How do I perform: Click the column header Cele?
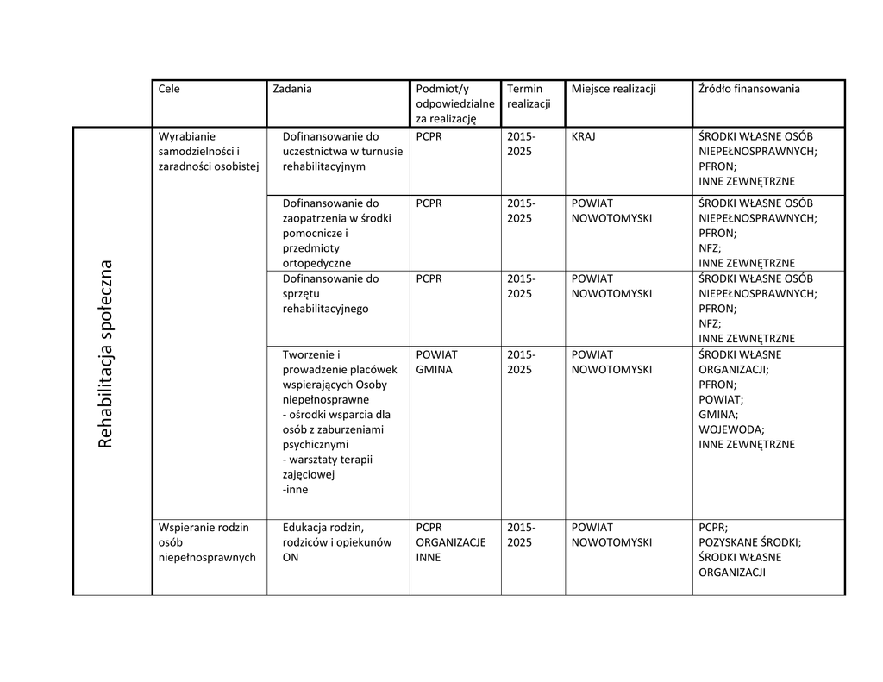click(169, 89)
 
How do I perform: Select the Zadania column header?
click(291, 89)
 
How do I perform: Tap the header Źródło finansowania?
click(748, 89)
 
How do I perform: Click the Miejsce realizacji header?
click(613, 89)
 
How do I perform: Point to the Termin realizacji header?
click(524, 96)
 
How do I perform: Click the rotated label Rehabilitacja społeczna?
click(106, 354)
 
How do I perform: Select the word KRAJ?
click(584, 136)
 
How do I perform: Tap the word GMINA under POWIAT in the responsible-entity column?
click(434, 370)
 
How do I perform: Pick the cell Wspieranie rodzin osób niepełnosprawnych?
click(207, 542)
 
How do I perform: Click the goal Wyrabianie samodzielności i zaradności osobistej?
click(207, 151)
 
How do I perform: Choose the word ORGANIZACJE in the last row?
click(450, 542)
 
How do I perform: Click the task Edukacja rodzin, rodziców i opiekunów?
click(337, 542)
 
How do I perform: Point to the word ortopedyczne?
click(316, 263)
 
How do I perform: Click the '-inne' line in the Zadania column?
click(295, 490)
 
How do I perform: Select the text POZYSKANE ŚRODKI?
click(749, 542)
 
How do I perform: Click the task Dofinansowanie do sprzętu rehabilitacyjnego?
click(330, 293)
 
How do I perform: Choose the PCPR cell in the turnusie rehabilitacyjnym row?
click(429, 136)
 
